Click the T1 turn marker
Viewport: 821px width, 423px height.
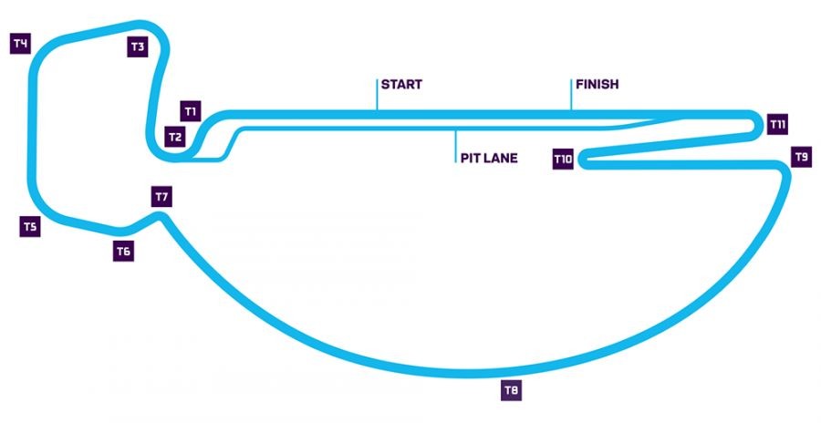coord(191,111)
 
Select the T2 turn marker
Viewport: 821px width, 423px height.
coord(175,137)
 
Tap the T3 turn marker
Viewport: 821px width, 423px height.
coord(138,46)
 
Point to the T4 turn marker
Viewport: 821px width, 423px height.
coord(21,43)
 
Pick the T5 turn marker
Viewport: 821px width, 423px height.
coord(29,226)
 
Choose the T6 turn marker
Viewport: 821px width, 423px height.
coord(124,252)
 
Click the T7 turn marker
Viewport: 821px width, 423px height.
coord(162,196)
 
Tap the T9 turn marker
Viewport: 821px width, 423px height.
coord(801,157)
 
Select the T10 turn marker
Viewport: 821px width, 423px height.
coord(563,160)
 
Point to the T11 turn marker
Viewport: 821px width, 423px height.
coord(777,123)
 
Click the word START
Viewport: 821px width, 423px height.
coord(401,85)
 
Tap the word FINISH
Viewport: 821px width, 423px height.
coord(598,85)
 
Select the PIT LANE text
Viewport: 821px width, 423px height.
coord(489,158)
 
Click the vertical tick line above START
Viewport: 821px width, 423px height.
coord(377,93)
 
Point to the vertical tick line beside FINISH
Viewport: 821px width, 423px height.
coord(572,93)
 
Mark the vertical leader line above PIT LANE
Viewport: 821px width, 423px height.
coord(454,146)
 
